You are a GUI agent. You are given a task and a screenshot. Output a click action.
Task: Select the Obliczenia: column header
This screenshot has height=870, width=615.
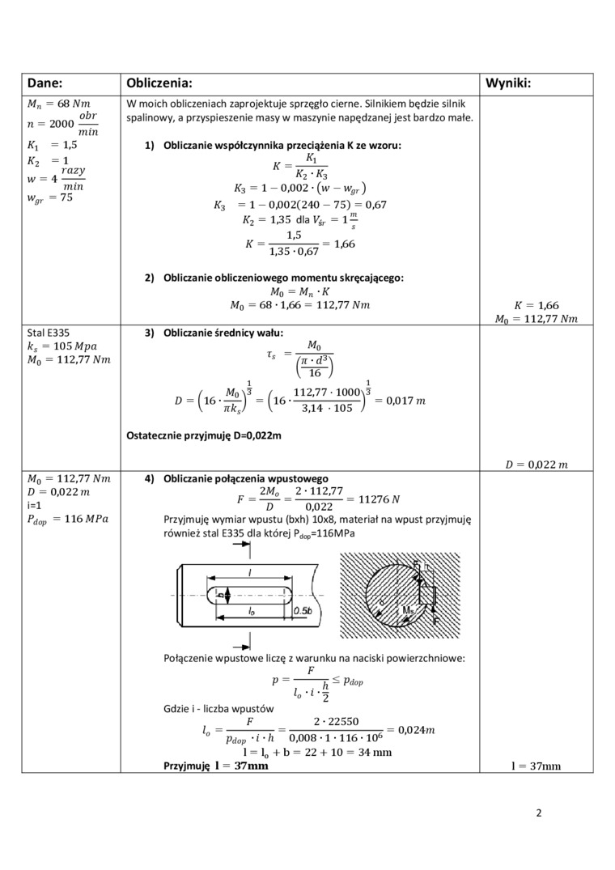tap(159, 83)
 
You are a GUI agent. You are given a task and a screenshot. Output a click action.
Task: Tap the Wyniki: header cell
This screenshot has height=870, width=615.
tap(514, 83)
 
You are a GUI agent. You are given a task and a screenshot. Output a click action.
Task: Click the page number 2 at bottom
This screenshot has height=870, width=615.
tap(538, 813)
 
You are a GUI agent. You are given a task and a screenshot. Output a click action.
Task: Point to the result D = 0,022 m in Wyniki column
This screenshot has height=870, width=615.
tap(537, 464)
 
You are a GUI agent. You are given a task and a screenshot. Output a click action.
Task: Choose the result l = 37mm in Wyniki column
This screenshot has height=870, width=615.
tap(537, 766)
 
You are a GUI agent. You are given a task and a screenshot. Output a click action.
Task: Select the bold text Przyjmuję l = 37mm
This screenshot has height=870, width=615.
tap(215, 766)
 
